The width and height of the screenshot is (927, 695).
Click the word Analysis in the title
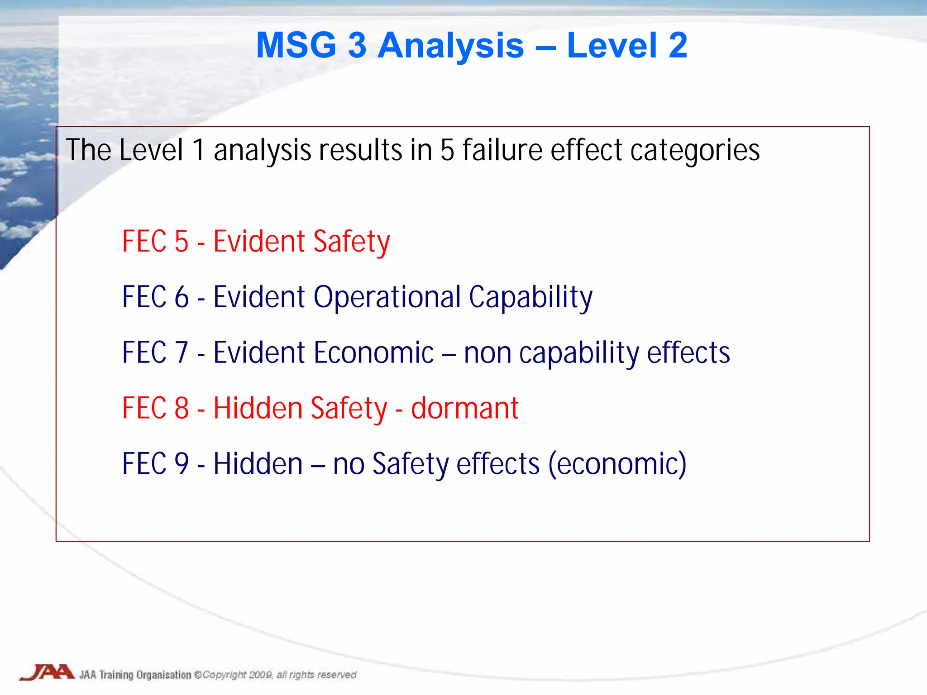(x=450, y=46)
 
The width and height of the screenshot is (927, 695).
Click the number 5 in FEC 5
(x=181, y=242)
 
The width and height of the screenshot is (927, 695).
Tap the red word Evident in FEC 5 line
(x=259, y=242)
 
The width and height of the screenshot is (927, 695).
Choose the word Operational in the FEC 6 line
(x=387, y=298)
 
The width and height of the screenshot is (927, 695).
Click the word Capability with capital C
(x=530, y=298)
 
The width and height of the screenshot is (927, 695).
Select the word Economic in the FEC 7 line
(x=373, y=353)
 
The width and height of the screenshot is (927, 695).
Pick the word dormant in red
(x=464, y=409)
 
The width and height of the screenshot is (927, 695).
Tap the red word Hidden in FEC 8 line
(x=258, y=409)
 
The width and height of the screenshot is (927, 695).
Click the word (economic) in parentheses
(x=617, y=464)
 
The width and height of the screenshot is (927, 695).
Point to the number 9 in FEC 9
(x=181, y=464)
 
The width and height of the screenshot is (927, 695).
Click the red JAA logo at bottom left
(x=48, y=672)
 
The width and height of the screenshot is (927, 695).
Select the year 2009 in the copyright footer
(x=260, y=675)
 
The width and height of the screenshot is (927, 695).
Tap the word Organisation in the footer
(x=164, y=675)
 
